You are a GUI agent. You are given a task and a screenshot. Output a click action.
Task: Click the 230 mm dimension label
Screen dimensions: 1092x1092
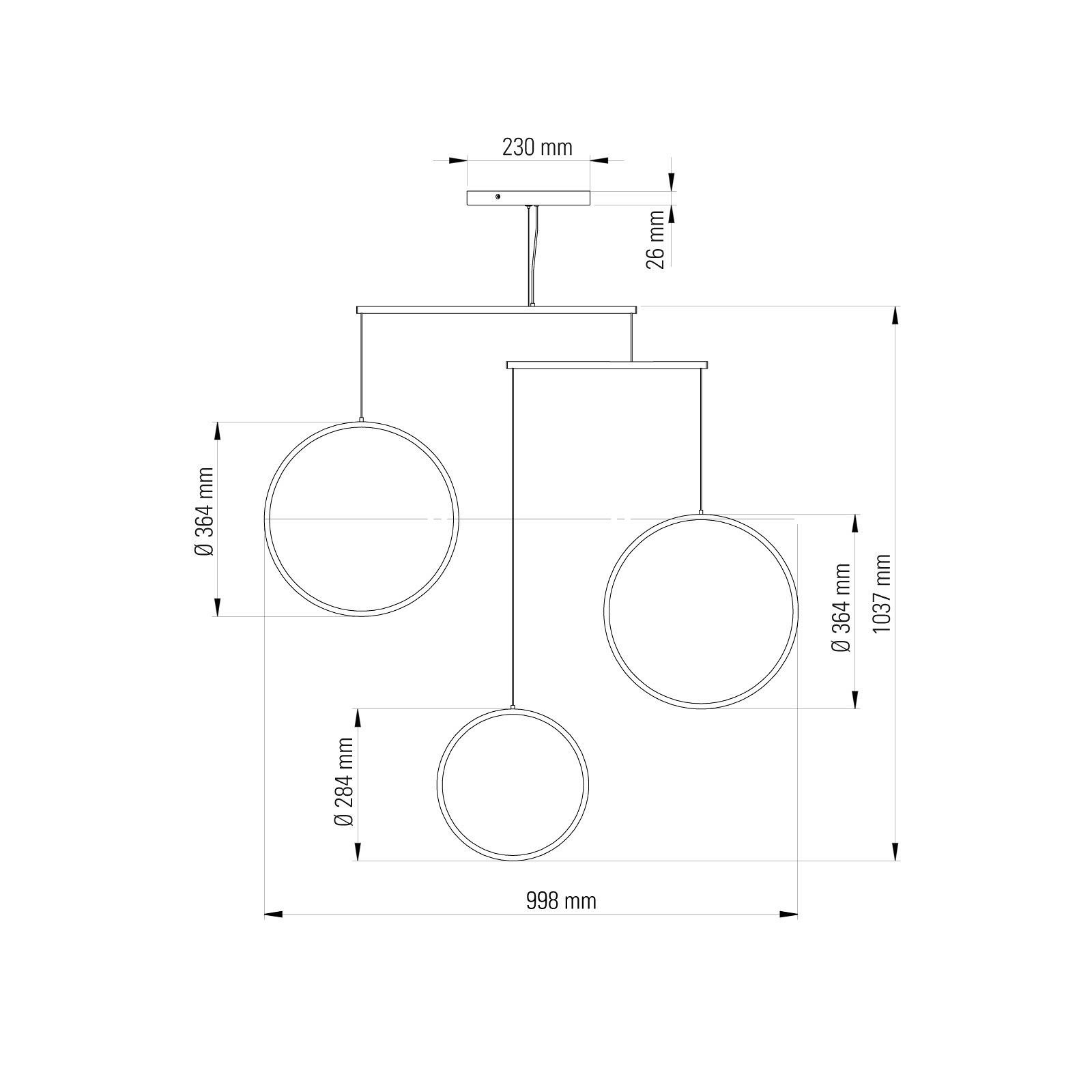coord(537,147)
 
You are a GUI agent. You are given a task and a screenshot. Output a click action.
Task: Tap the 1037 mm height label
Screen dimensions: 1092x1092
coord(882,592)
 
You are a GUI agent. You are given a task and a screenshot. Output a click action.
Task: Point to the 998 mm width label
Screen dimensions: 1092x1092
coord(561,901)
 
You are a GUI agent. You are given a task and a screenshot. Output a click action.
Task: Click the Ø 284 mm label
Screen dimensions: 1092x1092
coord(345,782)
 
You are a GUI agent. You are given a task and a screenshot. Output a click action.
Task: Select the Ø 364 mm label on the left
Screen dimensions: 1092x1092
coord(204,512)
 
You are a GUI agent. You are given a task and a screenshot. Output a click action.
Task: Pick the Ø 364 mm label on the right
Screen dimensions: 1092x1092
coord(842,607)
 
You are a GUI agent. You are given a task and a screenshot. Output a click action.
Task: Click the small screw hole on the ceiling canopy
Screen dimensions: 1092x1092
coord(498,197)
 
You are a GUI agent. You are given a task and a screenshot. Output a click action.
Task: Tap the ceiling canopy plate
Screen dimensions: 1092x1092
coord(529,197)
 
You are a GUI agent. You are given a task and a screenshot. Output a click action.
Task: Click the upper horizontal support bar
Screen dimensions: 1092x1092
coord(497,310)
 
